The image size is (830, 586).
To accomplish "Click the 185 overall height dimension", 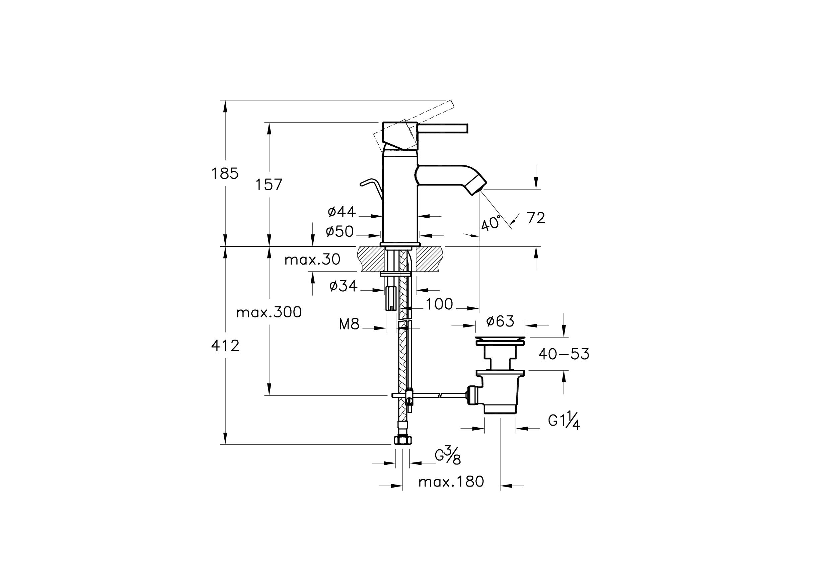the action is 225,174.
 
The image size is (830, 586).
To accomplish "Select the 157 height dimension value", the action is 269,185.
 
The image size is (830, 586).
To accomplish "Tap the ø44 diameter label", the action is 342,212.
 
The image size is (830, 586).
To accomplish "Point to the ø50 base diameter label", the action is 339,231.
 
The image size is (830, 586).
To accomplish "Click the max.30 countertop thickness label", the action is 312,260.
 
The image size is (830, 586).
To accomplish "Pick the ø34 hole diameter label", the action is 344,286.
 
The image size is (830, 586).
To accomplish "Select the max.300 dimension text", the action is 269,312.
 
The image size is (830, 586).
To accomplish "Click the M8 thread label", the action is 349,324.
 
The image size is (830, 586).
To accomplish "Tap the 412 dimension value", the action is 225,346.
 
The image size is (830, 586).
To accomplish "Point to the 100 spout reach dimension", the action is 439,304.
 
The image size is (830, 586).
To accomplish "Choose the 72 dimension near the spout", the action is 536,218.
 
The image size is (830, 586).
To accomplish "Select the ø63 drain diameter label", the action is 500,321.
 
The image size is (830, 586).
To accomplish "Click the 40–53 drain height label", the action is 564,354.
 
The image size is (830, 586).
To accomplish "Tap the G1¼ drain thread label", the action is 564,422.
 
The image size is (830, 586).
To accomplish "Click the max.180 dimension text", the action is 451,482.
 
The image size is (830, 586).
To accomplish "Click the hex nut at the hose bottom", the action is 402,440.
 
